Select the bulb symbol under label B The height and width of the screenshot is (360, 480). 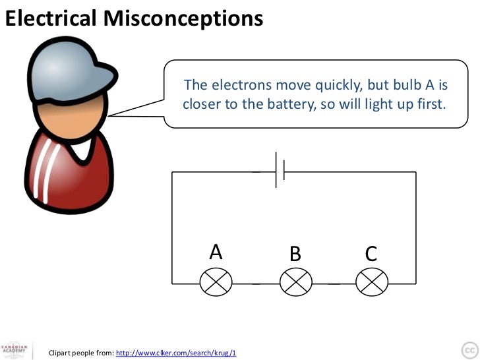pyautogui.click(x=295, y=282)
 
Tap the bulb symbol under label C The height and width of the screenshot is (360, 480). pyautogui.click(x=371, y=282)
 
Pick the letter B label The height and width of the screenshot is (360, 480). pyautogui.click(x=295, y=253)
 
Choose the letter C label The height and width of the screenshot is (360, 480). pyautogui.click(x=371, y=253)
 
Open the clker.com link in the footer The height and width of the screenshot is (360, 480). pyautogui.click(x=175, y=353)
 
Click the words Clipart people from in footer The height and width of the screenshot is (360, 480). pyautogui.click(x=81, y=353)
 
